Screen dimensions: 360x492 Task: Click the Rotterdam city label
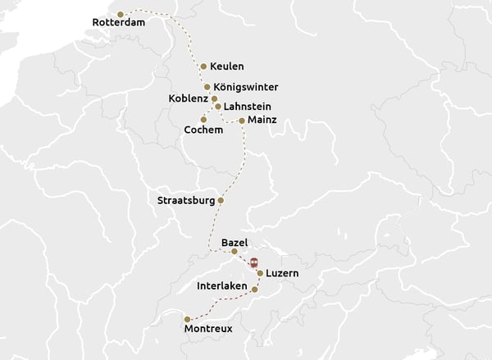(119, 23)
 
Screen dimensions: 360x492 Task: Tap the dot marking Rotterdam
(121, 14)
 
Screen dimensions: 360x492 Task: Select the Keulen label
(226, 66)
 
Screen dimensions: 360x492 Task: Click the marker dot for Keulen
(203, 66)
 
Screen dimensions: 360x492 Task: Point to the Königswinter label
(245, 87)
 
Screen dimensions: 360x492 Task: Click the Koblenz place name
(189, 98)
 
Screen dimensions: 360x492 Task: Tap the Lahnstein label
(247, 107)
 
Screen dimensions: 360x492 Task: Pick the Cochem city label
(204, 130)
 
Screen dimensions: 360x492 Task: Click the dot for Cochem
(203, 120)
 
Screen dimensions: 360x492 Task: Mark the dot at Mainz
(241, 121)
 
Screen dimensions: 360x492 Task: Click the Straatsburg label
(186, 200)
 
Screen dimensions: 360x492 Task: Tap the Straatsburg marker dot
(221, 200)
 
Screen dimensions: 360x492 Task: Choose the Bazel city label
(235, 243)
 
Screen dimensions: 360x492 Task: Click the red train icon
(254, 262)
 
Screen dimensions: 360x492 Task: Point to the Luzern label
(282, 273)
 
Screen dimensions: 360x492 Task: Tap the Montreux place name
(209, 329)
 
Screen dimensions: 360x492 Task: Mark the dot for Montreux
(188, 318)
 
